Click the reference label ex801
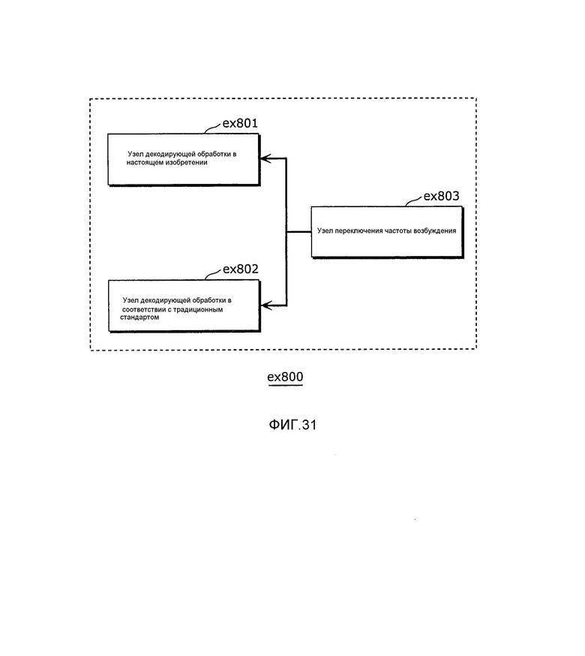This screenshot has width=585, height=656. [240, 123]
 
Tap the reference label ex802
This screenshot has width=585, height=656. [241, 269]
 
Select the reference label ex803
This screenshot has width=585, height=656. [441, 196]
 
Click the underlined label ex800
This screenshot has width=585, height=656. [285, 377]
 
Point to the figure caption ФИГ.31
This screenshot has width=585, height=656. [292, 425]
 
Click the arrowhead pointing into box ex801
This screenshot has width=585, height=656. [265, 158]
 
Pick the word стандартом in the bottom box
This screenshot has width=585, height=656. [139, 317]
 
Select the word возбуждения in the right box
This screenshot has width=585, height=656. [435, 230]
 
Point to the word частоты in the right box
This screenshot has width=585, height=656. [398, 230]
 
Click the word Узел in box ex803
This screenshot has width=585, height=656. [325, 230]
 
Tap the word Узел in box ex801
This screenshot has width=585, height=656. [136, 154]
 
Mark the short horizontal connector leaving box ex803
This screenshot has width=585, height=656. [299, 232]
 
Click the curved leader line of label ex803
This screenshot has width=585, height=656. [413, 201]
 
